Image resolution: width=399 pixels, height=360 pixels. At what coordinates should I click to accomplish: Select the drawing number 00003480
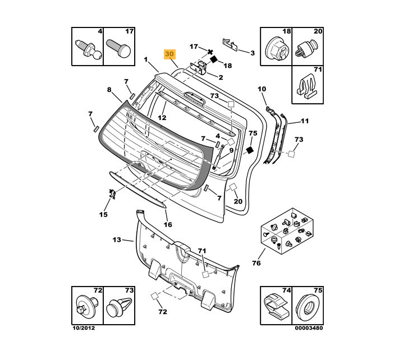[x=309, y=327]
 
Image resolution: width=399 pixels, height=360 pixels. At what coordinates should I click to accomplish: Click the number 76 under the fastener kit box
[x=256, y=263]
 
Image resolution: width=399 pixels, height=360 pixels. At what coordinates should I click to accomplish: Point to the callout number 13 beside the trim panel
[x=117, y=240]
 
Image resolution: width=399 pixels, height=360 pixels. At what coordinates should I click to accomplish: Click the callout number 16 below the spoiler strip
[x=168, y=225]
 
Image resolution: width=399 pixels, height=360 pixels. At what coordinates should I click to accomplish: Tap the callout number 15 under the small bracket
[x=103, y=214]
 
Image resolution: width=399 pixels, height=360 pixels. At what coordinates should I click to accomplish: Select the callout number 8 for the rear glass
[x=110, y=90]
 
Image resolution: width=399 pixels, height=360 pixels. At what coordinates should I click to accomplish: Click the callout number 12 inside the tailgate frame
[x=162, y=118]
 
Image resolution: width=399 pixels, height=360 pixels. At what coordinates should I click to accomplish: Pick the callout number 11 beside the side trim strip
[x=305, y=121]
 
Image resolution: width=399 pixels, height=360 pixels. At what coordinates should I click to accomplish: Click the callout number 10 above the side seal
[x=262, y=89]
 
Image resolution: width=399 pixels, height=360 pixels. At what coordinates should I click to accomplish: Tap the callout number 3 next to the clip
[x=252, y=53]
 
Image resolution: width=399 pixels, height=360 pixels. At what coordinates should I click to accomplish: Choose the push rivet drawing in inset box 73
[x=120, y=307]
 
